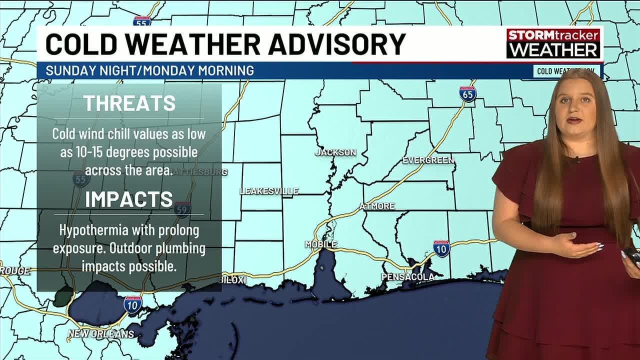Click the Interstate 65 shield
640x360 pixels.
[468, 94]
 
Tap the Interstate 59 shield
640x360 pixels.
[182, 209]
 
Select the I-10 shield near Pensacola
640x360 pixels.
[441, 248]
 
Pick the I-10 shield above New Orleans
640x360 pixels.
[132, 304]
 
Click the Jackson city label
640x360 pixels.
[335, 152]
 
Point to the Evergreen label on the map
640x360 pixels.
[428, 160]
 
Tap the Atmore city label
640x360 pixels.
[377, 206]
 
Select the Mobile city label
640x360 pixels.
[321, 244]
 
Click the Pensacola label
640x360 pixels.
[407, 276]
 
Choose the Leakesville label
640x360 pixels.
[269, 191]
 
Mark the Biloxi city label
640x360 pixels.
[234, 280]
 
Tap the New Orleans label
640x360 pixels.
[101, 333]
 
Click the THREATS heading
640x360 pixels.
[129, 103]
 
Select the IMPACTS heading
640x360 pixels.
[129, 199]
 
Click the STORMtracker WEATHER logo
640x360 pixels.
[553, 43]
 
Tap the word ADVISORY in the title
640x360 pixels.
[336, 44]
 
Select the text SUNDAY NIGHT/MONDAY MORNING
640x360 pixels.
[149, 70]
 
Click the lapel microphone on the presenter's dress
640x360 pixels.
[576, 160]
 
